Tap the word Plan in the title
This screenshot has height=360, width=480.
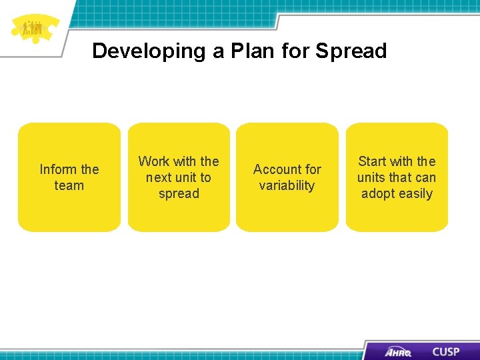(x=253, y=51)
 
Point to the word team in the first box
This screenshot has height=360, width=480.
(x=69, y=186)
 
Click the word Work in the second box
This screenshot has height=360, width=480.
(x=153, y=161)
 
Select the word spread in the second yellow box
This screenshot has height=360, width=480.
(x=179, y=194)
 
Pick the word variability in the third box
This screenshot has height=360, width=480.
(x=287, y=186)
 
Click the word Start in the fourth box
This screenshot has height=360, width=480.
(x=373, y=161)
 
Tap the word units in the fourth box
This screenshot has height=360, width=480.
(x=371, y=177)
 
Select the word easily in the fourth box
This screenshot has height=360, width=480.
(x=415, y=194)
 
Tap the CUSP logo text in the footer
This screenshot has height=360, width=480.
(x=445, y=351)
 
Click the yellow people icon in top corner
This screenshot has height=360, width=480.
(x=33, y=28)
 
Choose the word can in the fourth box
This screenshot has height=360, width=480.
(x=425, y=177)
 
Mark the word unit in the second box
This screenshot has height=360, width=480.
(x=188, y=177)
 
